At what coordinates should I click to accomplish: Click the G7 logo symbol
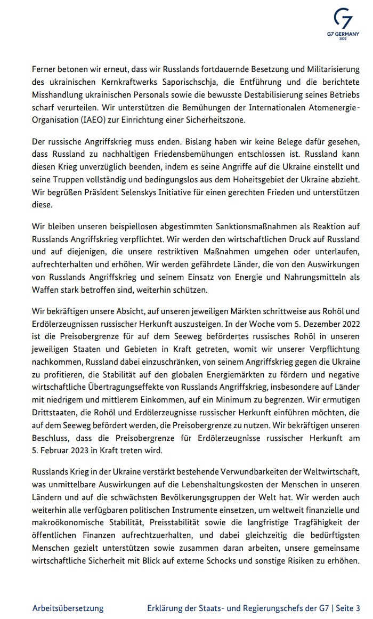(343, 19)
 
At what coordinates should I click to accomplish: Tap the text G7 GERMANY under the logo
(343, 34)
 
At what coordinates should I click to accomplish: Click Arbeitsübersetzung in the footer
(68, 608)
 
